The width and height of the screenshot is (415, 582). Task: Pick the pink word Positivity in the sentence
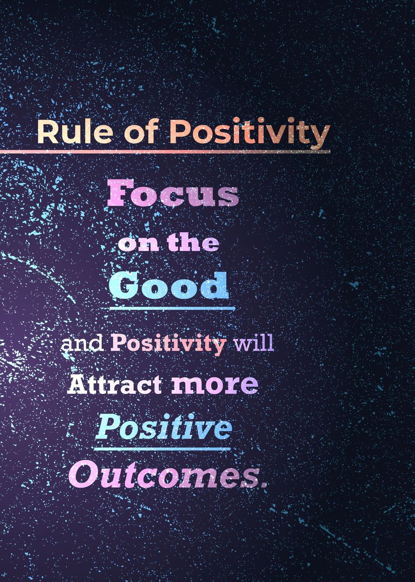[169, 344]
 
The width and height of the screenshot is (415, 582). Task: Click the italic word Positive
[163, 427]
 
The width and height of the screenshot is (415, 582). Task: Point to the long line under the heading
[165, 151]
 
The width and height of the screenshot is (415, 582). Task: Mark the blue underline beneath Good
[172, 308]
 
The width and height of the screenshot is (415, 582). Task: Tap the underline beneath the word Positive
[162, 449]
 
